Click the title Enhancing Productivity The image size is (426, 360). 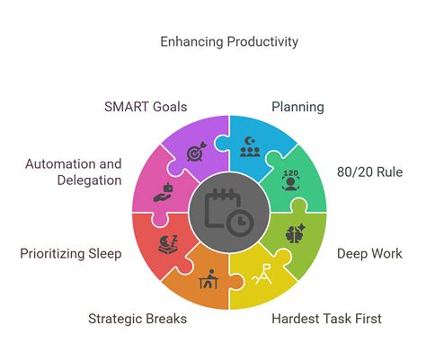click(229, 41)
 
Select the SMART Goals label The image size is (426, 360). click(145, 107)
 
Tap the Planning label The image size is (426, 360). click(297, 107)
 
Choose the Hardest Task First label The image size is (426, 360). click(326, 318)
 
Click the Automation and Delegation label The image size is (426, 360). click(74, 171)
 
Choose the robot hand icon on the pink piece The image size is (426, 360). click(162, 191)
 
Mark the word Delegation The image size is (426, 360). click(88, 180)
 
